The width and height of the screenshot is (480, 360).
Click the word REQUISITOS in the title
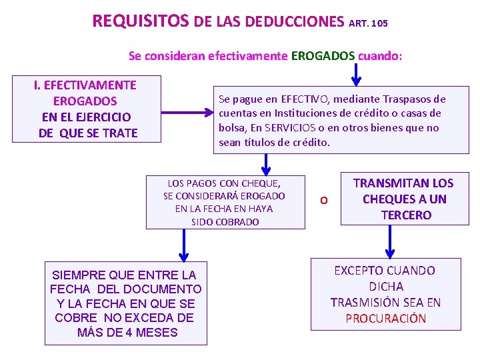pos(141,21)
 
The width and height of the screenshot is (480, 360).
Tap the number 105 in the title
pos(378,23)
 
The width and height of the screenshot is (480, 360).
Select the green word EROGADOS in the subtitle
pos(323,55)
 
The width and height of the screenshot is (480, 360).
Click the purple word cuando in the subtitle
pos(377,55)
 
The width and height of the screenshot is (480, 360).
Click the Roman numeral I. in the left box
pos(38,85)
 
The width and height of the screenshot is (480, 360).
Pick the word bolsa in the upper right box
pos(233,127)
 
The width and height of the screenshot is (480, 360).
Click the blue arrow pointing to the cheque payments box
pos(266,163)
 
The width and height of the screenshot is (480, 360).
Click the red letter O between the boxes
pos(323,199)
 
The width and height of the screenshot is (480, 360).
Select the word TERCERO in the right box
pos(406,215)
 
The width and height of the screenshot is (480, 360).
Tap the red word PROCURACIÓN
pos(385,318)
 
